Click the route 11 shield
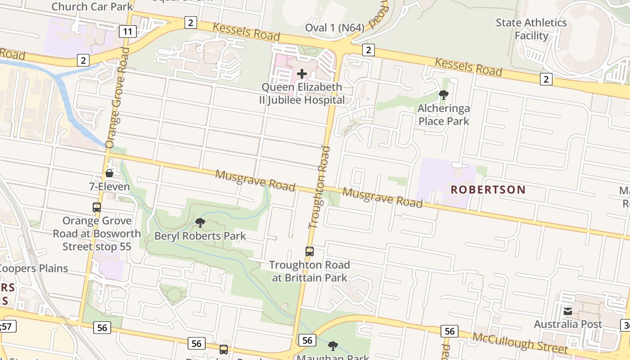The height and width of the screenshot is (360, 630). pos(128,31)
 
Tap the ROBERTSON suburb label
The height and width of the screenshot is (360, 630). pos(488,189)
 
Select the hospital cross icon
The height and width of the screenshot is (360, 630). pos(302,73)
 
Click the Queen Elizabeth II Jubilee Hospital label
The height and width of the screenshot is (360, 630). pos(302,94)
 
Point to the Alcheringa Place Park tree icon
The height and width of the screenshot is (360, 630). pos(444,94)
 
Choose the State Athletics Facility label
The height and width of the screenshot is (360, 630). pos(531,29)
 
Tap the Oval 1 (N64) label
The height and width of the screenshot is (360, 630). pos(334,28)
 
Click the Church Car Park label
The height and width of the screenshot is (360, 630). pos(92,7)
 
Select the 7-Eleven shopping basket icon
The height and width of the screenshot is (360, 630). pos(109,173)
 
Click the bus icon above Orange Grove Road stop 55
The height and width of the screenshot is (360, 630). pos(97,207)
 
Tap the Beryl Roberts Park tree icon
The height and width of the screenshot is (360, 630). pos(200,222)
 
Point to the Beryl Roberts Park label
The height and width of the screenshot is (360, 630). pos(200,236)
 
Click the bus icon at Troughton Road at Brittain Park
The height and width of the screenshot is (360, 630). pos(310,252)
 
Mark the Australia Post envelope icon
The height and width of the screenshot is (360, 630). pos(568,311)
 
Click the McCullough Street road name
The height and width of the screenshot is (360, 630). pos(519,342)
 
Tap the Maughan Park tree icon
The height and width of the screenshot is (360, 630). pos(333,346)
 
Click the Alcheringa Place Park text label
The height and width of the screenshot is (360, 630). pos(444,115)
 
